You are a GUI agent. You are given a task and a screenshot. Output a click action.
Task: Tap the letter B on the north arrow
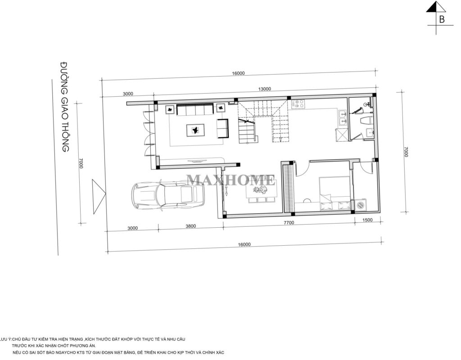click(442, 19)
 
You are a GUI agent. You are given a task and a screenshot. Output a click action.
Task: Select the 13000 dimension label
click(264, 89)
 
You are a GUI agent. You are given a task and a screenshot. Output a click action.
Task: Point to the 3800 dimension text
click(190, 227)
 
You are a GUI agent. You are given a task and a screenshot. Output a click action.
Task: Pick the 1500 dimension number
click(367, 220)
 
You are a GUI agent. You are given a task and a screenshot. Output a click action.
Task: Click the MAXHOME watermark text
click(231, 180)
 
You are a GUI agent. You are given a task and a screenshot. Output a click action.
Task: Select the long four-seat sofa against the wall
click(195, 109)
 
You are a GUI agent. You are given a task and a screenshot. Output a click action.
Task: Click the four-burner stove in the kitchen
click(298, 104)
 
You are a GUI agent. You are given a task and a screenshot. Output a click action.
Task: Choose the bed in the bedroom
click(335, 193)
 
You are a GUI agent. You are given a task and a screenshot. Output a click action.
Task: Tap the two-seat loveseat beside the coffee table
click(222, 128)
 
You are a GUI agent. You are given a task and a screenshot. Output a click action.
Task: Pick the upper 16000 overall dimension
click(238, 74)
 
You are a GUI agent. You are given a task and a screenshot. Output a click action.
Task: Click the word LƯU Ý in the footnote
click(5, 338)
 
